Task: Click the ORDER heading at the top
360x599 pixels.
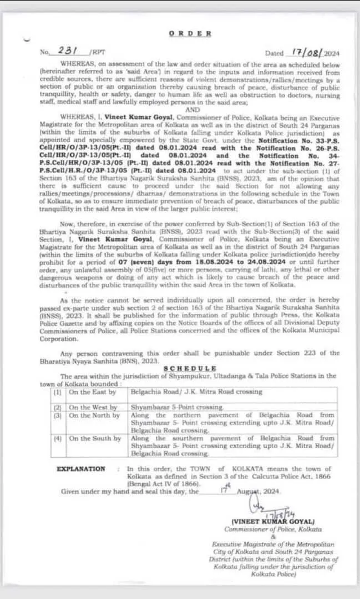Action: (190, 33)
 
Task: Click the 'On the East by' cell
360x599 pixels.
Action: (93, 392)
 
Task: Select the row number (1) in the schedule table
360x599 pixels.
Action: (57, 392)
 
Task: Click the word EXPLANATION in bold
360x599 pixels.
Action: (81, 469)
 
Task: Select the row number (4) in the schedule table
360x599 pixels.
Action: (57, 439)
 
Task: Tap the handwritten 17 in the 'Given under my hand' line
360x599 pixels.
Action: (223, 490)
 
